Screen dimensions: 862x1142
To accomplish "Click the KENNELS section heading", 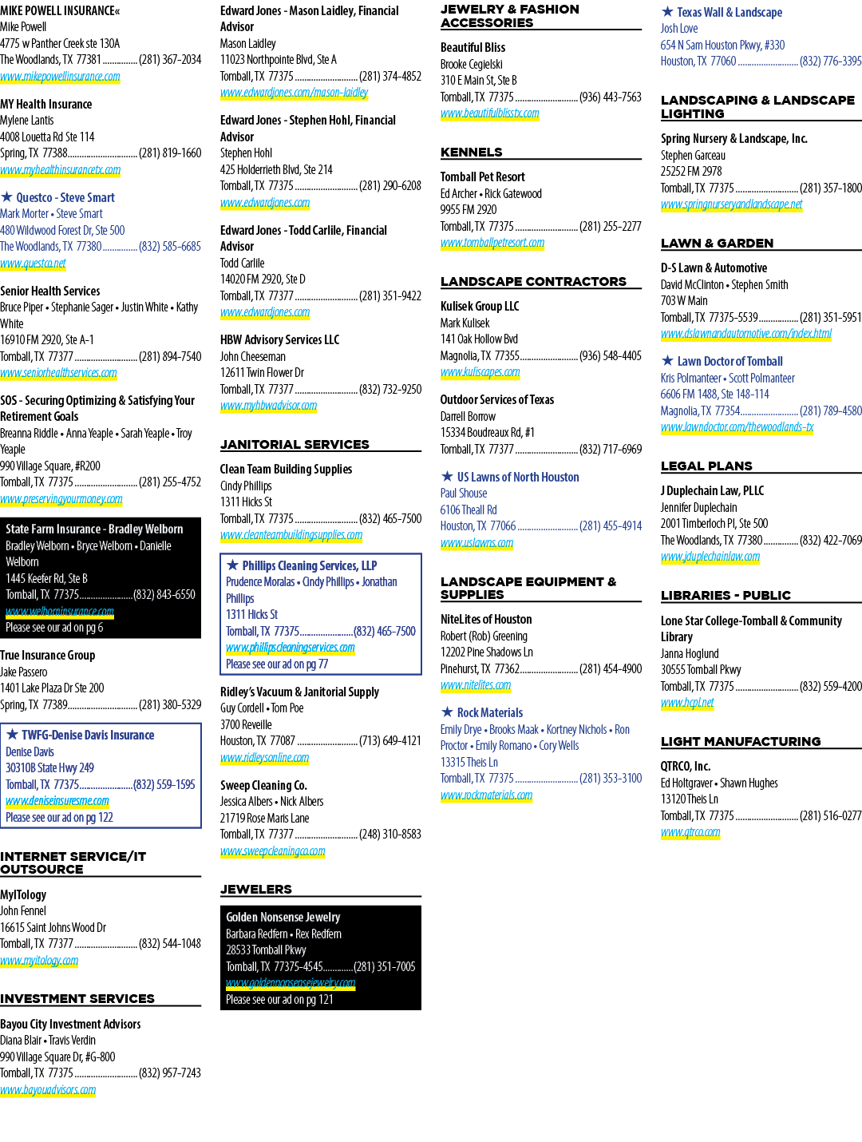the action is [x=471, y=153].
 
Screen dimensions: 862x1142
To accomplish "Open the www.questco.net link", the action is [x=33, y=264].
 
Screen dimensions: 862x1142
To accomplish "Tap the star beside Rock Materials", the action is [x=447, y=712].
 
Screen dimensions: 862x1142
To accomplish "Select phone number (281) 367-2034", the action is [x=170, y=60].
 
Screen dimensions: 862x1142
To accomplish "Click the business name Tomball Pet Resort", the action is [x=482, y=177].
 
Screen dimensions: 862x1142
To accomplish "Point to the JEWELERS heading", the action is [x=255, y=889].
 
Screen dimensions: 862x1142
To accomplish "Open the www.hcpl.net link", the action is [x=686, y=702].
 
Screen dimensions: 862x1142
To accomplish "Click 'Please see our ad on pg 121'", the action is [x=279, y=999].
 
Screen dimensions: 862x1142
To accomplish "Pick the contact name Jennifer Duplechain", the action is [x=698, y=507].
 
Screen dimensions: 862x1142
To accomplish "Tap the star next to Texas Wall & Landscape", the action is [x=667, y=11].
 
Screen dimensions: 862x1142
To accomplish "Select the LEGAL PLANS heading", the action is [x=706, y=466].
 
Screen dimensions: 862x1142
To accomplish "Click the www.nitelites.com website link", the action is [x=475, y=685].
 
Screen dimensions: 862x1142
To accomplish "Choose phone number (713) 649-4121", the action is [x=390, y=741].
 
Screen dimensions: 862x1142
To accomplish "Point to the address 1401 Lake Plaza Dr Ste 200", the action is [x=52, y=688].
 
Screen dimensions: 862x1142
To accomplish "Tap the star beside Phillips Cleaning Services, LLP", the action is [x=232, y=565].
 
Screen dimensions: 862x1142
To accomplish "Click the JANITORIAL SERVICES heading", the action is [x=295, y=445].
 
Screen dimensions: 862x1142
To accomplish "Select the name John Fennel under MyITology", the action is [x=23, y=911].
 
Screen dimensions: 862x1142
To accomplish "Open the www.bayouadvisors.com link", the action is [x=48, y=1089].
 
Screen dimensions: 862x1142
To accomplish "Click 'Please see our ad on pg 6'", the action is [x=54, y=628].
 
